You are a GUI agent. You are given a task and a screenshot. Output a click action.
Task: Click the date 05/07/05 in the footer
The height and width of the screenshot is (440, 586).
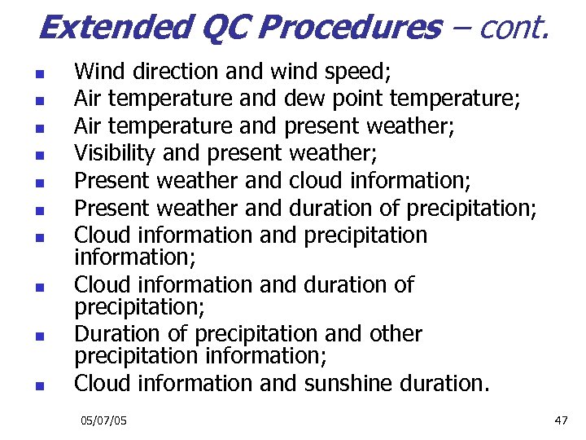coord(103,420)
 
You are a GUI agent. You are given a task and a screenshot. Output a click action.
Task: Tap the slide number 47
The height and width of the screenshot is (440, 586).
coord(560,420)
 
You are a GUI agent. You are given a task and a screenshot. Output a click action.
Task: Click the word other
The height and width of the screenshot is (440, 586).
coord(394,334)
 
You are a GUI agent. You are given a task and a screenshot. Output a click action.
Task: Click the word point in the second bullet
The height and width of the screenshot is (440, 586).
coord(356,99)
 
